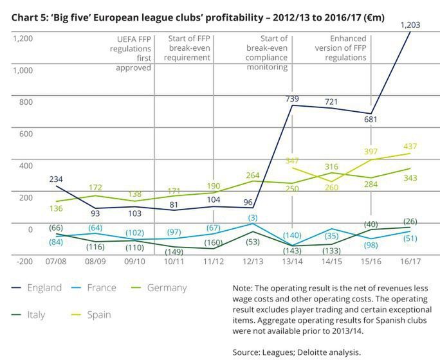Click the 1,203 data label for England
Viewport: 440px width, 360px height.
pyautogui.click(x=410, y=25)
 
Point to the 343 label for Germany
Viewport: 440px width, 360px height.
pyautogui.click(x=410, y=177)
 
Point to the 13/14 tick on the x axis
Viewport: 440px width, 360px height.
pyautogui.click(x=293, y=264)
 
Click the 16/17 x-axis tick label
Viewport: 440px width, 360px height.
pyautogui.click(x=410, y=264)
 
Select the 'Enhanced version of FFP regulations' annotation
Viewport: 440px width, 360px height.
pyautogui.click(x=342, y=48)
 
